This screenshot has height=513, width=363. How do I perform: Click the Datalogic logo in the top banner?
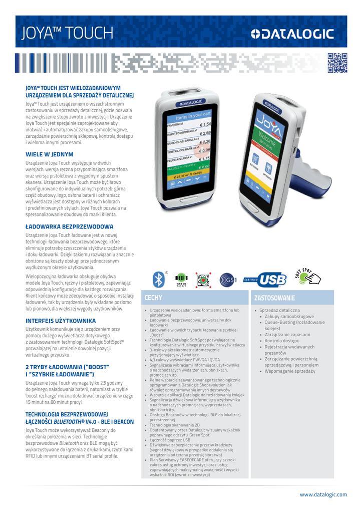[292, 34]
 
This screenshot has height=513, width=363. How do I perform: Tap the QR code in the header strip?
[337, 63]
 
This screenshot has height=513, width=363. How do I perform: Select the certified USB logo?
[265, 280]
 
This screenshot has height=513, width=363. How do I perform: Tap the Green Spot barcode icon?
[181, 280]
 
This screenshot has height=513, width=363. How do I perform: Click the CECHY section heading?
[153, 298]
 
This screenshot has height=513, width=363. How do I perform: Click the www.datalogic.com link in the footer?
[323, 494]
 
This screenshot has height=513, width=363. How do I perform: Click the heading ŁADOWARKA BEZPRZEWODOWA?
[70, 226]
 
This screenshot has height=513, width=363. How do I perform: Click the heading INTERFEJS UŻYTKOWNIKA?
[61, 320]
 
